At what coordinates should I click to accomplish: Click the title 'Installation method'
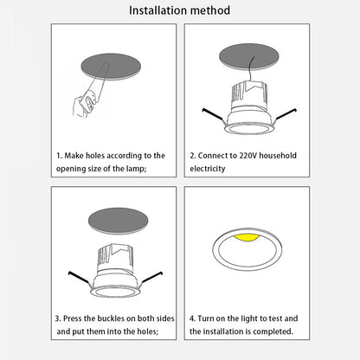pyautogui.click(x=179, y=10)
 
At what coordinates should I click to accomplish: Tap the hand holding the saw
pyautogui.click(x=84, y=104)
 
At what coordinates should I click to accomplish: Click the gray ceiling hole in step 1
pyautogui.click(x=111, y=67)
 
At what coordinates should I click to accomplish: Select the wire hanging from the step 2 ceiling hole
pyautogui.click(x=250, y=70)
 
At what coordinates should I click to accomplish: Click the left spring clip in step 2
pyautogui.click(x=213, y=115)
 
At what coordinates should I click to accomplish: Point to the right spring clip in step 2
pyautogui.click(x=286, y=114)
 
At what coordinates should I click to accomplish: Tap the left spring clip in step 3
pyautogui.click(x=79, y=278)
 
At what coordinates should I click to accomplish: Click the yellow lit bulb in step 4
pyautogui.click(x=247, y=238)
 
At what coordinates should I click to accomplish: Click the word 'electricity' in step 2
pyautogui.click(x=208, y=169)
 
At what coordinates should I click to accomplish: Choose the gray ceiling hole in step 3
pyautogui.click(x=119, y=221)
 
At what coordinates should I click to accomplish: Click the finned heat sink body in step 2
pyautogui.click(x=248, y=96)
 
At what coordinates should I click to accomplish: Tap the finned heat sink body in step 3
pyautogui.click(x=115, y=259)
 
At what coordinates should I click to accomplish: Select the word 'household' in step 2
pyautogui.click(x=278, y=156)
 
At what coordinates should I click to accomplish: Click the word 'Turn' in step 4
pyautogui.click(x=206, y=318)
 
